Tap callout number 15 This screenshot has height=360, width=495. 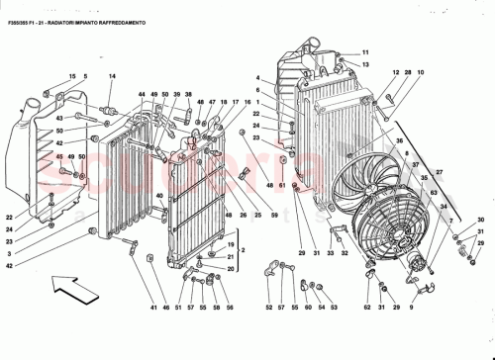pyautogui.click(x=72, y=76)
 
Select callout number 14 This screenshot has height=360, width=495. pyautogui.click(x=112, y=76)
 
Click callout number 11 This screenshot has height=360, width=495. pyautogui.click(x=363, y=52)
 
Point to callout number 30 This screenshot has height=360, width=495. pyautogui.click(x=480, y=220)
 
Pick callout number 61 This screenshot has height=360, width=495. pyautogui.click(x=282, y=186)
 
